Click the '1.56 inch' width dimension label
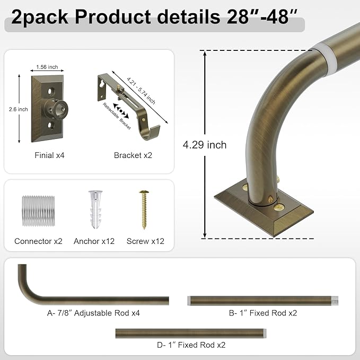point(47,67)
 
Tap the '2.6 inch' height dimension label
point(19,109)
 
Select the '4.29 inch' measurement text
point(205,145)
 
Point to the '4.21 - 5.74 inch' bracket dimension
point(141,91)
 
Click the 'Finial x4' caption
point(49,155)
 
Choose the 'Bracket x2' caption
point(133,155)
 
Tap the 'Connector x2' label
point(38,241)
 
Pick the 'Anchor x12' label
point(94,241)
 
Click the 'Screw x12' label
point(145,241)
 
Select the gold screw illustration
point(144,209)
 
